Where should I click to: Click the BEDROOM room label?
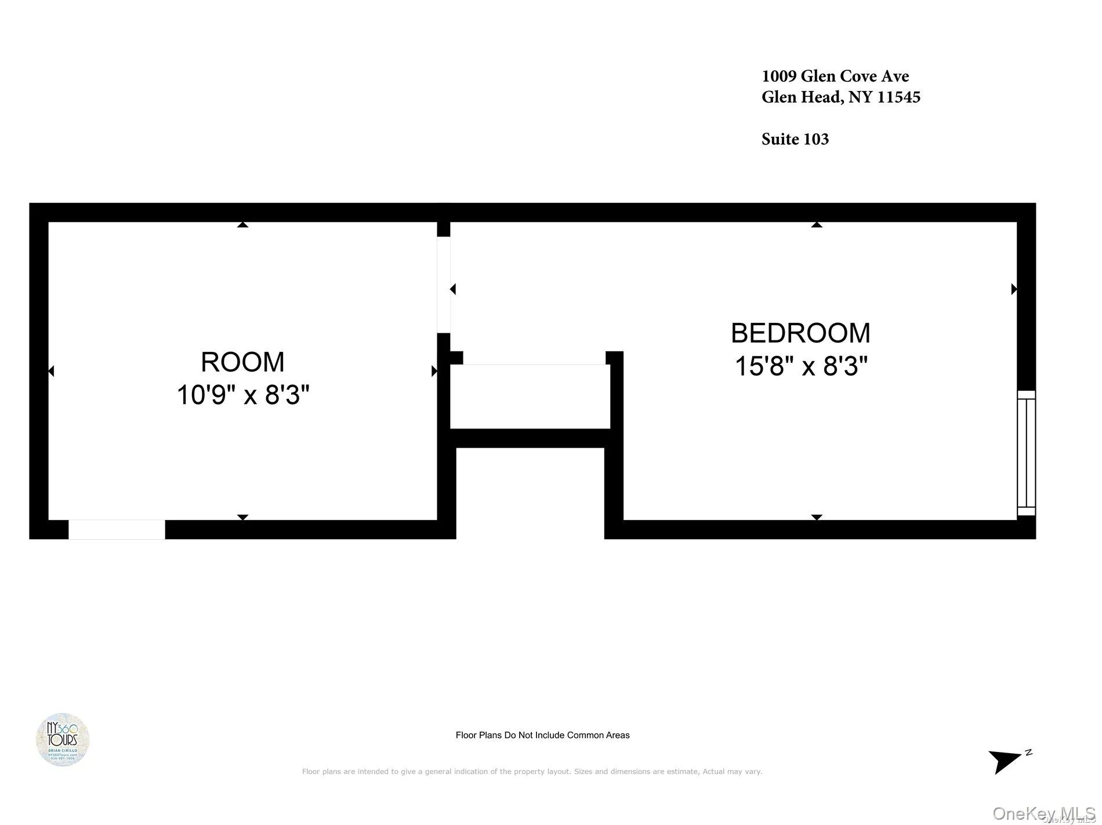(800, 333)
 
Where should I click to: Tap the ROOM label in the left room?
(242, 362)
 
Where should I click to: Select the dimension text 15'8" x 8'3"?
(800, 366)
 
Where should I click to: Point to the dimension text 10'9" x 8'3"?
(242, 395)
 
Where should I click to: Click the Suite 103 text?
(795, 139)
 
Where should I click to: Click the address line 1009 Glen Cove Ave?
(835, 76)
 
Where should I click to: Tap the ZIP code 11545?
(898, 97)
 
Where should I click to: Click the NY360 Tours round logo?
(63, 739)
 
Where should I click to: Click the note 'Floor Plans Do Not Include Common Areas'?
(542, 735)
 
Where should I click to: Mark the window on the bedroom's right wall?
(1026, 453)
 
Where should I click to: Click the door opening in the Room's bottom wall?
(117, 529)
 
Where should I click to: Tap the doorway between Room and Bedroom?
(444, 285)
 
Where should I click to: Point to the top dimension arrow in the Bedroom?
(817, 224)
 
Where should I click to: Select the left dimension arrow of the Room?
(51, 371)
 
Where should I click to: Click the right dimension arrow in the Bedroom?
(1014, 289)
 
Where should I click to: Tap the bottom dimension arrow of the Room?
(242, 517)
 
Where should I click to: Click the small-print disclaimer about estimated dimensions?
(532, 772)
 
